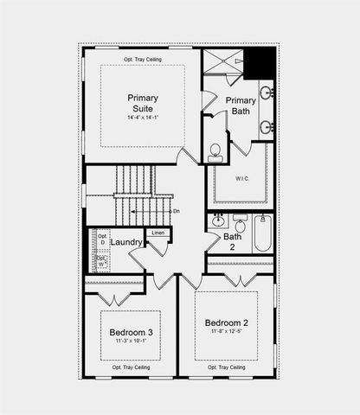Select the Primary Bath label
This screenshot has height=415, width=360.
click(240, 106)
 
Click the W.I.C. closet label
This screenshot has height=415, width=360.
click(241, 180)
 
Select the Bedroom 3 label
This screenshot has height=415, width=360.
click(132, 333)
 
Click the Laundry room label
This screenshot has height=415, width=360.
click(126, 243)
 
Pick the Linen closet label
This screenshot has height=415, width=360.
click(157, 233)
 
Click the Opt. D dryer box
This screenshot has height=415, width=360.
click(101, 239)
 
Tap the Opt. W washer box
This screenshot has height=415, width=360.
click(101, 259)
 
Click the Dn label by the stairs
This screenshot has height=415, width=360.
click(176, 211)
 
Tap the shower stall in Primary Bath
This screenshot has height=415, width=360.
click(222, 64)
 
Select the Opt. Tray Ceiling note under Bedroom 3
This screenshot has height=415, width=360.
click(133, 367)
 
